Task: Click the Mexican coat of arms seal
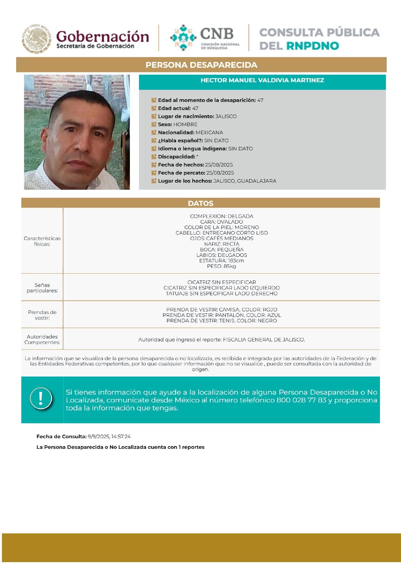tap(37, 39)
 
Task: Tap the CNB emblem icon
tap(183, 38)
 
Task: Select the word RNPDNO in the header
tap(312, 46)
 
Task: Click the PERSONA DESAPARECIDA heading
tap(201, 65)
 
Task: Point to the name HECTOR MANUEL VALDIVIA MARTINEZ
tap(262, 80)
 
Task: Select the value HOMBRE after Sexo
tap(185, 125)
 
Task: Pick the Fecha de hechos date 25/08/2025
tap(219, 165)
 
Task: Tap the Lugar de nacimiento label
tap(186, 116)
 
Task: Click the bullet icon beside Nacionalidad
tap(154, 133)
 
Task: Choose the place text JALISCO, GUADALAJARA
tap(245, 181)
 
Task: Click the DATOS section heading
tap(200, 203)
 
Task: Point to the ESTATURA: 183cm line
tap(221, 261)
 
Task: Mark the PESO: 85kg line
tap(221, 266)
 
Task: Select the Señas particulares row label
tap(42, 288)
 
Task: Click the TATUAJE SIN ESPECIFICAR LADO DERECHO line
tap(221, 294)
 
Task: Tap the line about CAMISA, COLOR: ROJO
tap(221, 309)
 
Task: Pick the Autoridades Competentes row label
tap(42, 339)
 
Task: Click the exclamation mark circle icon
tap(41, 399)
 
